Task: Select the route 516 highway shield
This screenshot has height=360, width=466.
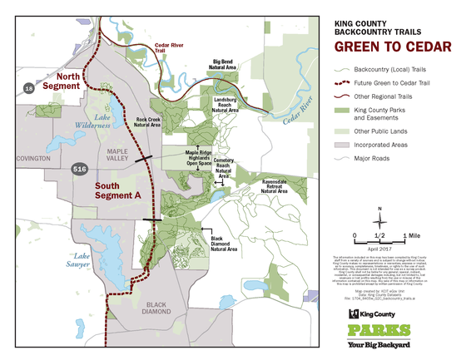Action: click(x=78, y=169)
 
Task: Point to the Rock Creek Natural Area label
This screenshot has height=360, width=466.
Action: click(x=148, y=122)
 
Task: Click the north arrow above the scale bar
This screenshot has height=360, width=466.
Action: click(x=380, y=214)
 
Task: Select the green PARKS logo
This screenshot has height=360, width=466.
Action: click(x=384, y=330)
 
